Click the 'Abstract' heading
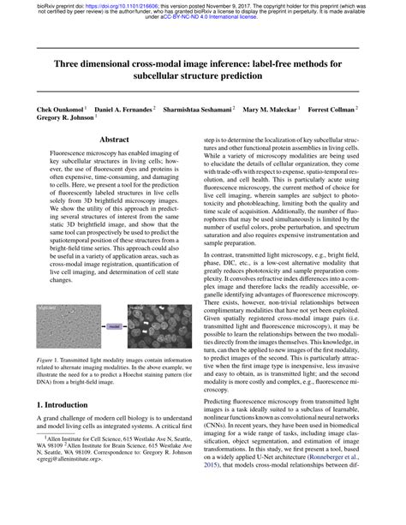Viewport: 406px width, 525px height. [x=114, y=138]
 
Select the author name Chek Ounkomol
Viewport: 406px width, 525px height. [x=61, y=111]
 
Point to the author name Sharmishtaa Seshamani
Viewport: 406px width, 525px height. [x=196, y=111]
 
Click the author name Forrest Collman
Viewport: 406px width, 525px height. [x=334, y=111]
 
